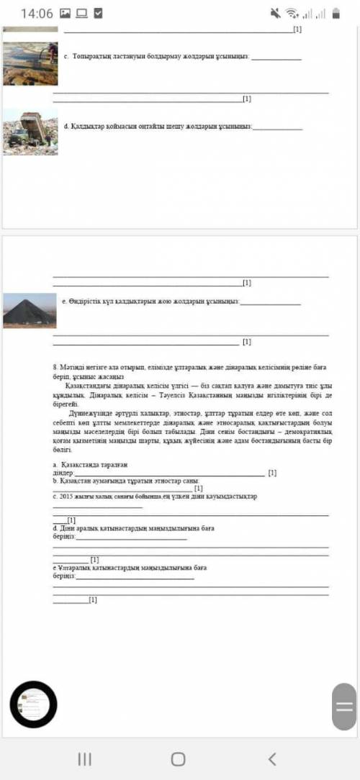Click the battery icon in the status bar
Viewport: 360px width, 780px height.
[341, 13]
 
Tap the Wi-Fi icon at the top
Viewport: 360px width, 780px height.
[292, 13]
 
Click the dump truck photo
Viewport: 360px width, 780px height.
[30, 132]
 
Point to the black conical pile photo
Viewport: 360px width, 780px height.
[30, 310]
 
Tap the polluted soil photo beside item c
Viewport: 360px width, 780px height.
[30, 63]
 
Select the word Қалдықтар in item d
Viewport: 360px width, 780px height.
[89, 127]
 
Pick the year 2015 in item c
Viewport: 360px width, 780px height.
[68, 496]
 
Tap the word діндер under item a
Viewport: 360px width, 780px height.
[63, 473]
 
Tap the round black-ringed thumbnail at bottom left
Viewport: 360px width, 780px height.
[32, 704]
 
